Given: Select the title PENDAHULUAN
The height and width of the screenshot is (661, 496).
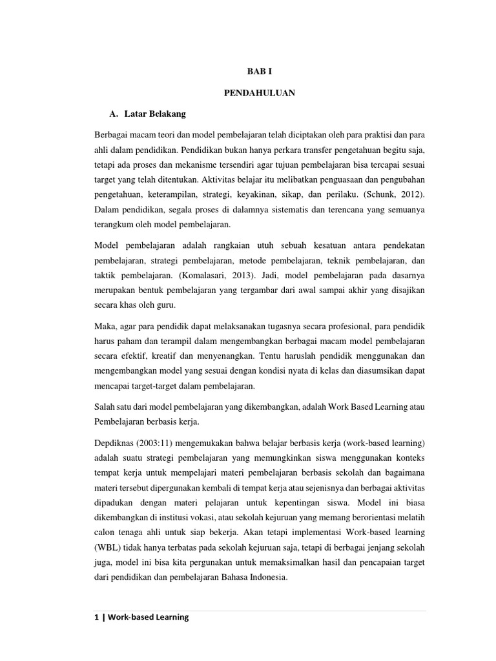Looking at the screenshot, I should pos(259,93).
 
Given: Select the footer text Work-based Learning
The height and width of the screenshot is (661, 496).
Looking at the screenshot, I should pos(149,617).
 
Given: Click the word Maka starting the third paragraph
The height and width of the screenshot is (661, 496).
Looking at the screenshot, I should pos(105,325).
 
